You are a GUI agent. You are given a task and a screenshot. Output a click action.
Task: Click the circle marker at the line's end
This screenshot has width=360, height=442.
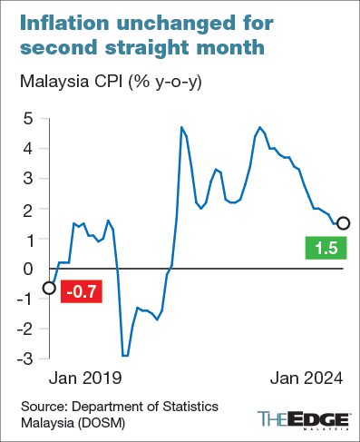click(x=344, y=223)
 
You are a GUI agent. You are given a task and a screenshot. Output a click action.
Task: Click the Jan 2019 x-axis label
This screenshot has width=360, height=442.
click(x=84, y=377)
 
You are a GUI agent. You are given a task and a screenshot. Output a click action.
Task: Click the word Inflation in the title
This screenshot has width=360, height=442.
click(x=62, y=21)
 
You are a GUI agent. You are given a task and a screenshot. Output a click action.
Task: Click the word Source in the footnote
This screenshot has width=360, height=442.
click(x=44, y=405)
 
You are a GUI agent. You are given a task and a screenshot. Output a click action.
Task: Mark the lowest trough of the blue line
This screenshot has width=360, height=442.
click(x=125, y=355)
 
